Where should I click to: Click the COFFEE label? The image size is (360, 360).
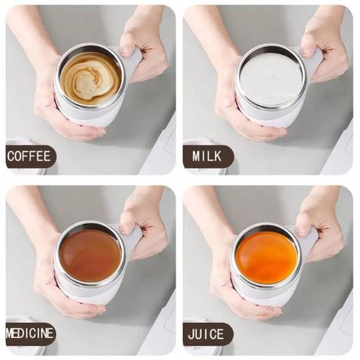(x=29, y=157)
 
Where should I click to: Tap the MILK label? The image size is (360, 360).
(x=207, y=157)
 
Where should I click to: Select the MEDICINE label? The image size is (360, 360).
(x=29, y=334)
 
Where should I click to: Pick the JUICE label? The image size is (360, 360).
(x=206, y=334)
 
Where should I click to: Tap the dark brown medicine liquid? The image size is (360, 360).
(x=91, y=256)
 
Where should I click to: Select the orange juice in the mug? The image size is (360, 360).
(x=267, y=257)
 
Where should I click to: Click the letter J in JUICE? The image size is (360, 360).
(x=191, y=334)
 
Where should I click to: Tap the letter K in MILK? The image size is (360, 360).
(x=217, y=157)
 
